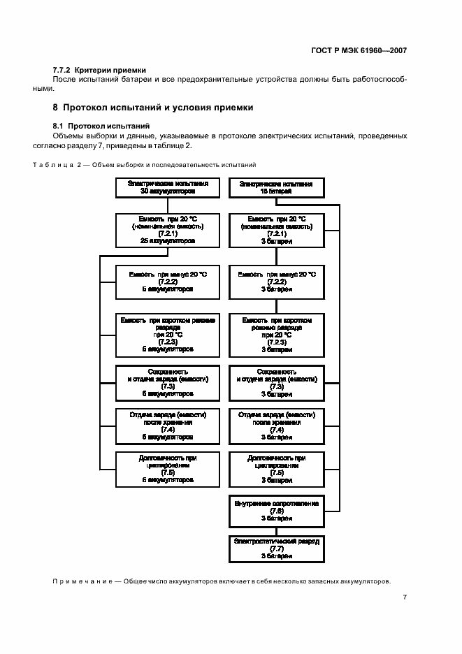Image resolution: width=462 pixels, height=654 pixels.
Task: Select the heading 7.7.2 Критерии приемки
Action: pos(99,70)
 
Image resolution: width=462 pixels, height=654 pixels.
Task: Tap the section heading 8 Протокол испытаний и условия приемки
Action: pos(153,108)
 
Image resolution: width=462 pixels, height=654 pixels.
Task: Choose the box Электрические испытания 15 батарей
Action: pos(275,187)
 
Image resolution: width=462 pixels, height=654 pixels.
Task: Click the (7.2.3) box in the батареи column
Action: pos(276,334)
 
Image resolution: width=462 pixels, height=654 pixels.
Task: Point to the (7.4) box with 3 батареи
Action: pos(276,426)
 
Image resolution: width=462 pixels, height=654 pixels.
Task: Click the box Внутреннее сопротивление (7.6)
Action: pos(276,512)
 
